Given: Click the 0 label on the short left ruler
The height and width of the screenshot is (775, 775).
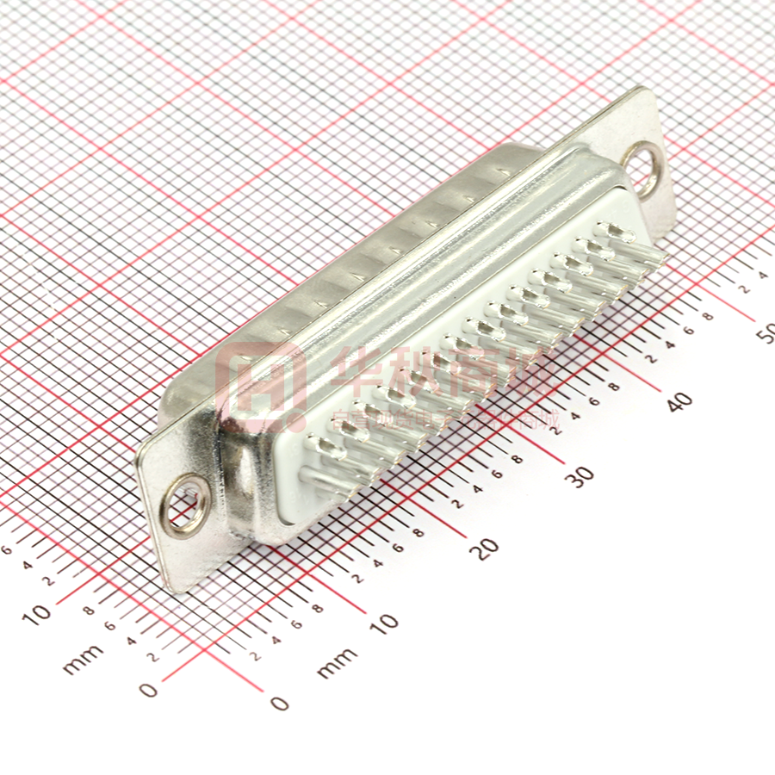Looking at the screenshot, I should click(x=149, y=689).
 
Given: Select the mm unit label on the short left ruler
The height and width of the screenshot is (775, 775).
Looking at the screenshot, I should click(x=83, y=659).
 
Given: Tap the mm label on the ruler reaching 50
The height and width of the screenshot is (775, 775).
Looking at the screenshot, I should click(x=337, y=662).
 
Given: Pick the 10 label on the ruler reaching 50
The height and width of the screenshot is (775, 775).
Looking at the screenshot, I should click(x=387, y=621).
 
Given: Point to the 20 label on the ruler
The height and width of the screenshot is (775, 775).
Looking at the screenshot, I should click(x=488, y=549).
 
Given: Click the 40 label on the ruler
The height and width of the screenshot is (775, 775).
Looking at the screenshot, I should click(x=680, y=401).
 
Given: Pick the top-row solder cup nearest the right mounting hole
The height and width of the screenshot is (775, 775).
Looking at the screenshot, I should click(x=613, y=233).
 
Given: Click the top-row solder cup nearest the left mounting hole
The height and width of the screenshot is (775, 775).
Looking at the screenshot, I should click(x=325, y=449).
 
